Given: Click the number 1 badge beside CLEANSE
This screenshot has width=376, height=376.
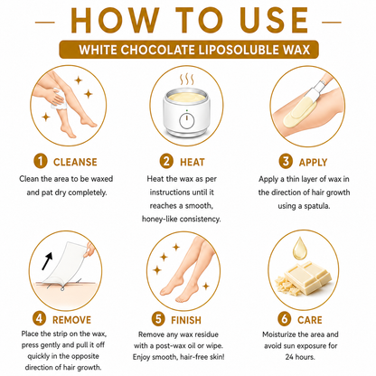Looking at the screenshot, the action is [x=41, y=161].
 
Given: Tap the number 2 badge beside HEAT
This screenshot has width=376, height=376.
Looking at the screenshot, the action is [x=166, y=161].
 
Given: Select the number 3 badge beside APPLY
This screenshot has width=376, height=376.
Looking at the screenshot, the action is [x=286, y=161].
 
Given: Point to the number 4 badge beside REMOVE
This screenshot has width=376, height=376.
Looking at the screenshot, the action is [x=40, y=319].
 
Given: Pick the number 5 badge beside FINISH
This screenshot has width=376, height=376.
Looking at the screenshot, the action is [x=158, y=319].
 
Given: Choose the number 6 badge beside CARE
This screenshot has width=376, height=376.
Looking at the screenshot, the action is [x=285, y=319].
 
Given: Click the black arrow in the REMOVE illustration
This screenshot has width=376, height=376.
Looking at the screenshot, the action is [x=47, y=260].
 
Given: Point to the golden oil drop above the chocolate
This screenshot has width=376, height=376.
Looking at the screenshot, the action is [x=300, y=249].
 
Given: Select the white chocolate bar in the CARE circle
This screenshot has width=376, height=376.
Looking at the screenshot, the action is [x=308, y=277].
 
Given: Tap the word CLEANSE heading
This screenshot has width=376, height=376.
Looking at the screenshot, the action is [x=75, y=162].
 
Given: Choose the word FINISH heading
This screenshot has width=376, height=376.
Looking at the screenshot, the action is [x=186, y=320].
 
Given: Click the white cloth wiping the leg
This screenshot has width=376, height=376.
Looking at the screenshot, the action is [x=59, y=99].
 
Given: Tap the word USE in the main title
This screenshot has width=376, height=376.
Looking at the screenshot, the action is [x=274, y=21].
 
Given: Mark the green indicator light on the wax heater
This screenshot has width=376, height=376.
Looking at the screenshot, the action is [x=187, y=110].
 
